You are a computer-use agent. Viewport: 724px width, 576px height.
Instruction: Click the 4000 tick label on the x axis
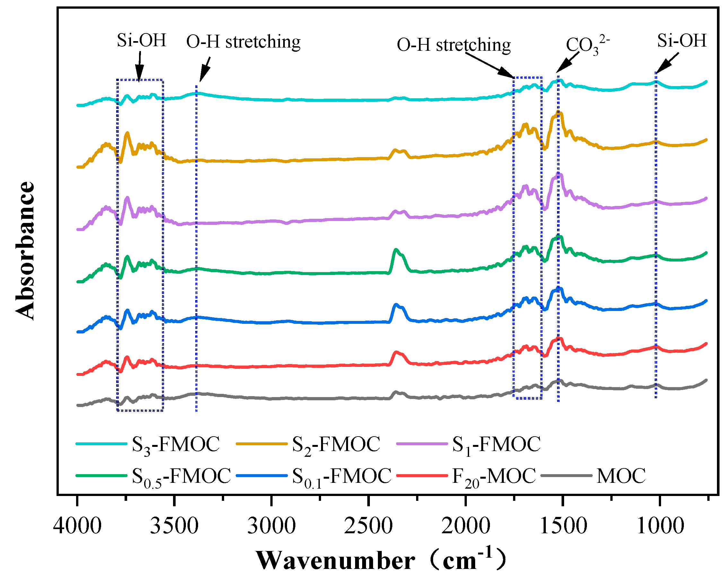[x=77, y=526]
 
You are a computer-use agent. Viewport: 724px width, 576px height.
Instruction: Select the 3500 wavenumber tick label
[x=174, y=526]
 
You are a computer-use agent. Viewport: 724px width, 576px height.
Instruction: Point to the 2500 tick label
[x=368, y=526]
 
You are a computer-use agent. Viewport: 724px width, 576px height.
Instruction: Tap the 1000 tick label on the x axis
[x=660, y=526]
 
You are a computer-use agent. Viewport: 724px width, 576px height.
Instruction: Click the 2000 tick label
[x=466, y=526]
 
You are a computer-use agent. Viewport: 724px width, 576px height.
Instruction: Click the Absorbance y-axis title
[x=25, y=251]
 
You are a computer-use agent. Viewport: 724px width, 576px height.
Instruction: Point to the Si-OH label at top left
[x=141, y=40]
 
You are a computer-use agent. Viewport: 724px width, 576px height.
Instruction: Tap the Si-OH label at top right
[x=682, y=40]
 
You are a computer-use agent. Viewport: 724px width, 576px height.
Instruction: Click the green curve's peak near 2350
[x=396, y=250]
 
